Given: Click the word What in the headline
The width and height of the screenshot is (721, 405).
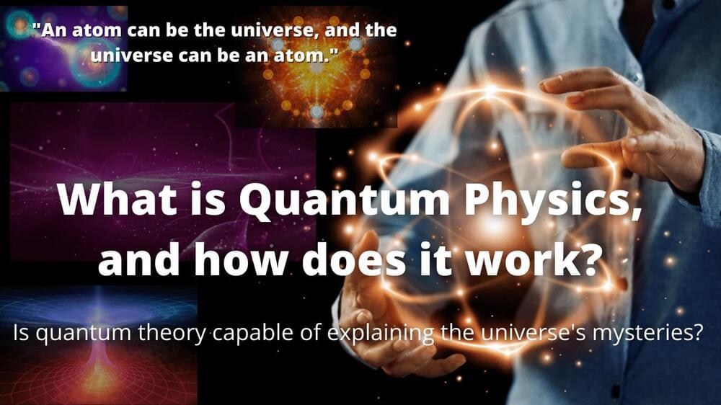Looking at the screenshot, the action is [x=118, y=200].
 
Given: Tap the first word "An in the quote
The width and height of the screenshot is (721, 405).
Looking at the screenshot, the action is [x=50, y=30].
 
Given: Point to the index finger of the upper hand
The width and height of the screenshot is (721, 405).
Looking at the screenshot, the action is [x=580, y=82].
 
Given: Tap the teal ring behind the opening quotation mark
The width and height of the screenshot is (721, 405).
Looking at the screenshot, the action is [x=19, y=25].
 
